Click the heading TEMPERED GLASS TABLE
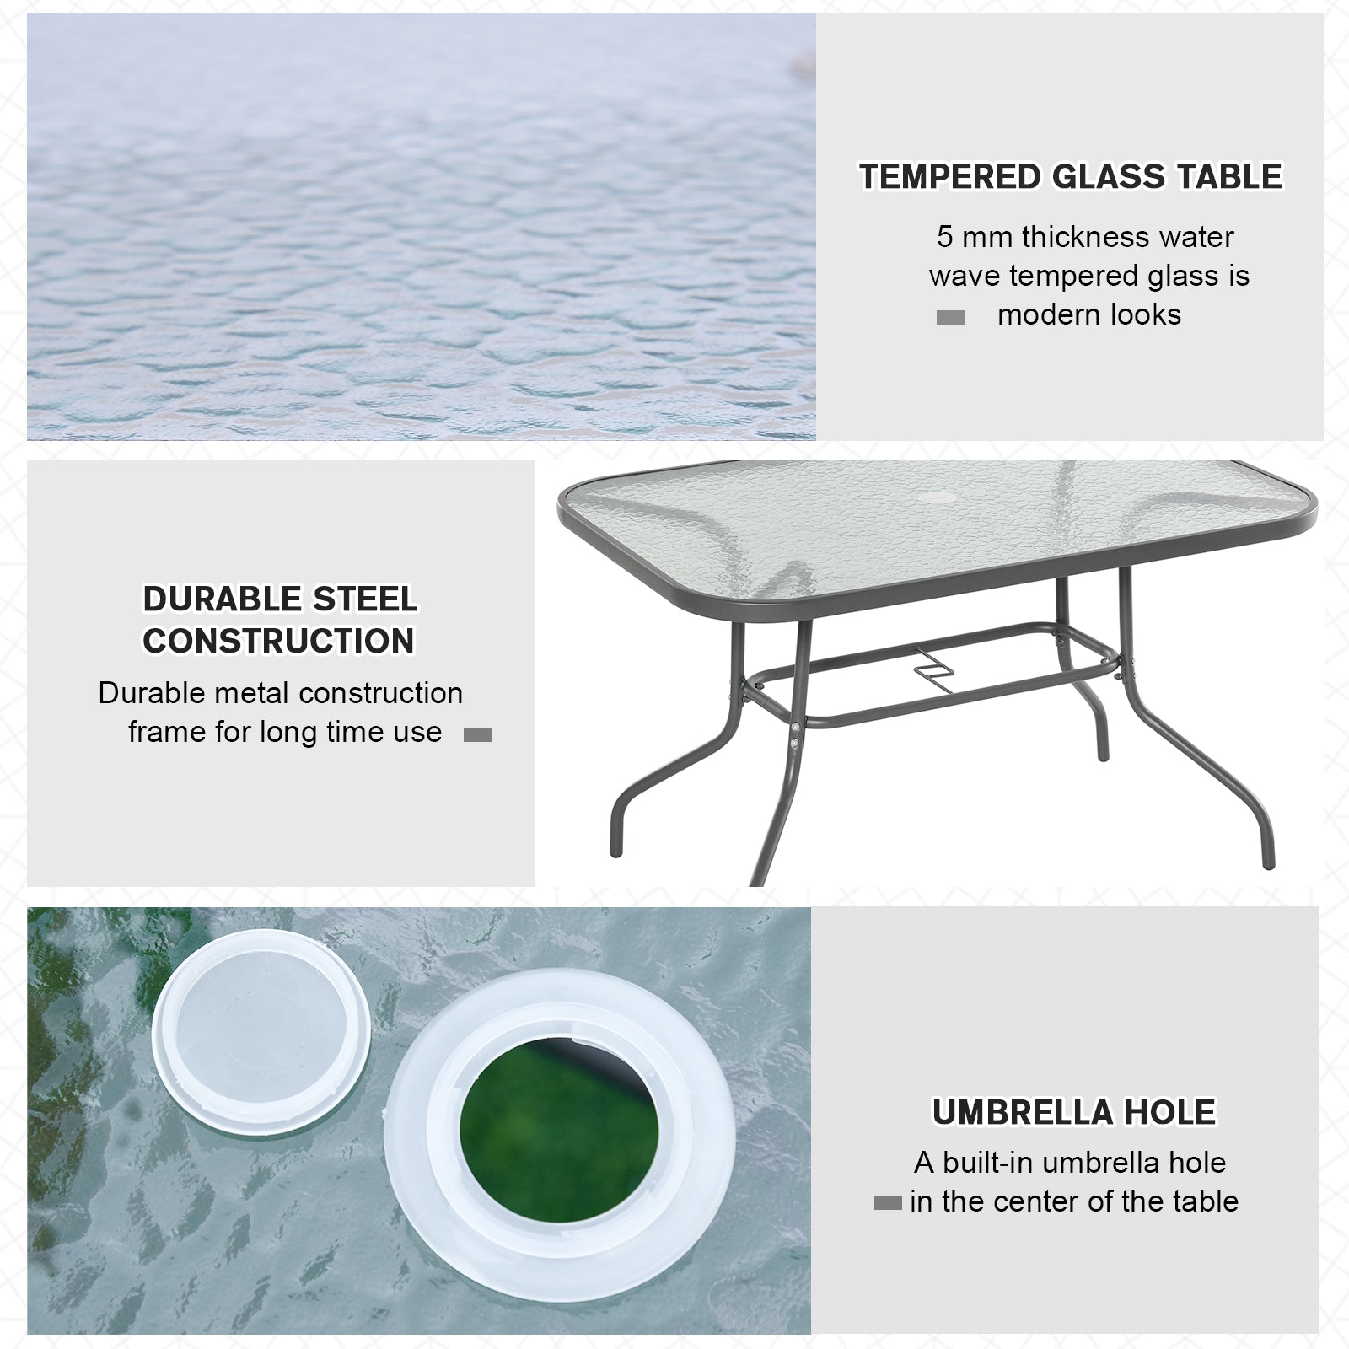(x=1070, y=177)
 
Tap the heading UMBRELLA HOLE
(x=1073, y=1113)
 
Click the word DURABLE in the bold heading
(x=221, y=599)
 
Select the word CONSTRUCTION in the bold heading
(x=278, y=641)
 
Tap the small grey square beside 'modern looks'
(x=950, y=318)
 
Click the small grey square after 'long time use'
(x=477, y=735)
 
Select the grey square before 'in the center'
(x=887, y=1204)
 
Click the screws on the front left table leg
(x=796, y=734)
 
